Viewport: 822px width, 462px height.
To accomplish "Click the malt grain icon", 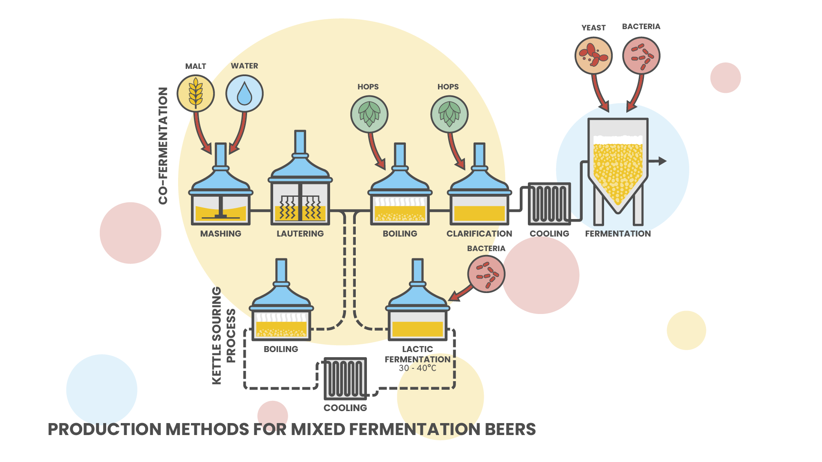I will [x=196, y=94].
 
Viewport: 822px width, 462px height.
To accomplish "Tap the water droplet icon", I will [x=244, y=94].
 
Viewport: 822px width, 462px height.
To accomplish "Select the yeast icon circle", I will [x=593, y=56].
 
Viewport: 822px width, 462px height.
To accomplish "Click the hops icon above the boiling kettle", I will [x=369, y=114].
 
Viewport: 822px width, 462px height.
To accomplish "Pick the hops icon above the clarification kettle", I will [x=449, y=114].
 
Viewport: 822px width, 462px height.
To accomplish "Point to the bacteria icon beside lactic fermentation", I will [x=486, y=274].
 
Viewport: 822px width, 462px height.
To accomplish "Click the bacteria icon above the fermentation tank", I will [x=641, y=56].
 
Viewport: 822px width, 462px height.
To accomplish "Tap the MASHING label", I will [x=220, y=234].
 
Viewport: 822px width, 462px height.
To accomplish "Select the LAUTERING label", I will [x=300, y=234].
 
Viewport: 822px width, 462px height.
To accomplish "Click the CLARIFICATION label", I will [x=479, y=234].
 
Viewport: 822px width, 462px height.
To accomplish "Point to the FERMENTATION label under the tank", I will [x=618, y=234].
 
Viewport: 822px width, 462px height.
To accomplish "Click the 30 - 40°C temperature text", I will [x=417, y=368].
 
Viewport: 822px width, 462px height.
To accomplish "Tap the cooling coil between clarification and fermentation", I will [x=549, y=204].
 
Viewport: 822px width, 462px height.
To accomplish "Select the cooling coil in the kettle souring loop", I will [x=345, y=379].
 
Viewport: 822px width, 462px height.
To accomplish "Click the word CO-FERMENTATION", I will [x=163, y=146].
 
